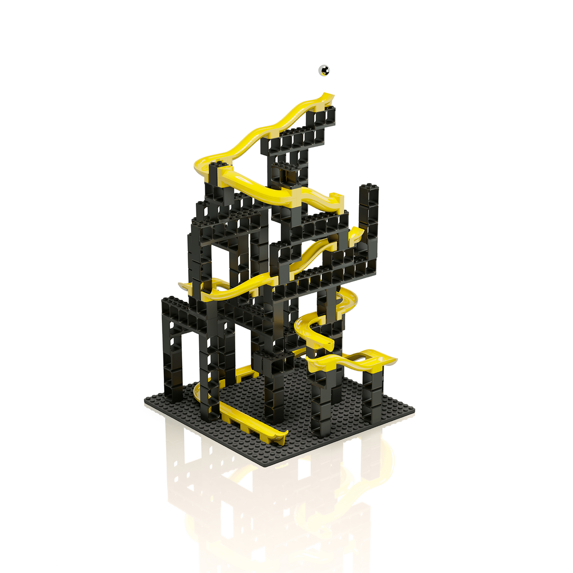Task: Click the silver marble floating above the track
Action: (324, 70)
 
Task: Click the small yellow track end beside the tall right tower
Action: (356, 234)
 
